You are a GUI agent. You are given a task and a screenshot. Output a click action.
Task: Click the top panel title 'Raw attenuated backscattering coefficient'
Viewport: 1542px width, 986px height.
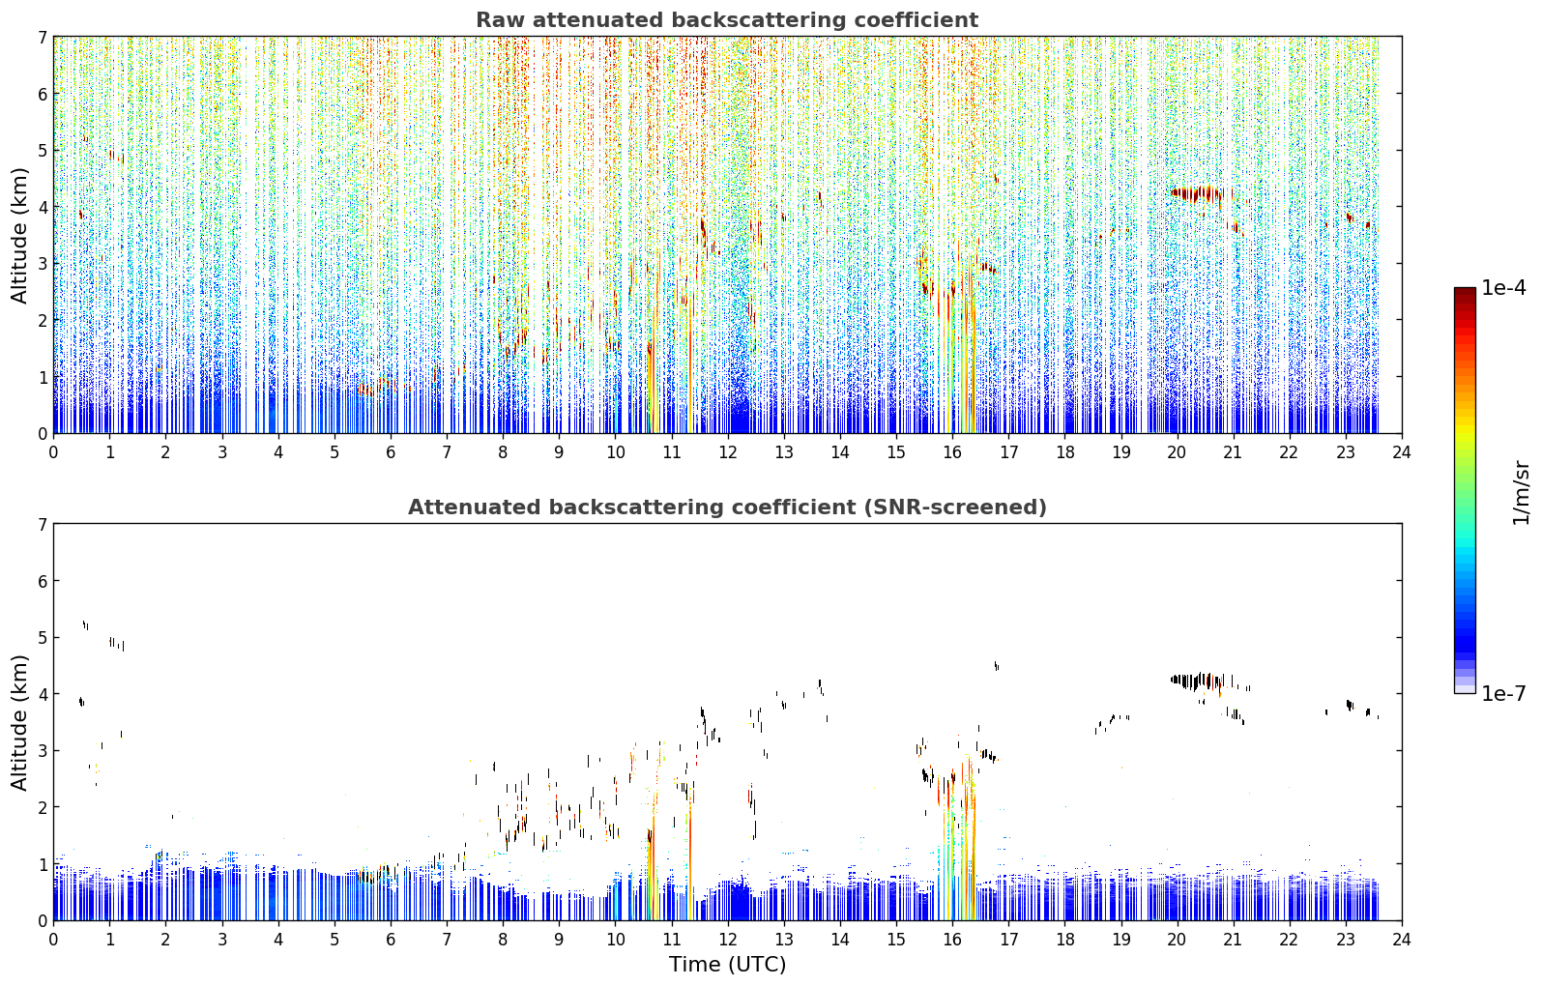[727, 20]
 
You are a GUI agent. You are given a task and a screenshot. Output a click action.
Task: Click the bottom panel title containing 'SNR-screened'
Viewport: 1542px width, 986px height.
[727, 507]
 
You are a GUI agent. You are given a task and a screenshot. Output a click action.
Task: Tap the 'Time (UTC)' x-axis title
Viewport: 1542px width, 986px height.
[727, 964]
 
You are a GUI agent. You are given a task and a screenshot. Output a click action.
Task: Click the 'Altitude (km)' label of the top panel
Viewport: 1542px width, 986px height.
[19, 236]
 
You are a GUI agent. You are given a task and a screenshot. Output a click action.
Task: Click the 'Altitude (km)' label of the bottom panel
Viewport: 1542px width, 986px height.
[19, 722]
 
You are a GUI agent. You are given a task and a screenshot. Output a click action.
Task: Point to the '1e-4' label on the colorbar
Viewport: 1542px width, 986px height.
[1503, 288]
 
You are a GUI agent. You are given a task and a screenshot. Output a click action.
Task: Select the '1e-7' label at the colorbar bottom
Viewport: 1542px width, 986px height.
[1503, 693]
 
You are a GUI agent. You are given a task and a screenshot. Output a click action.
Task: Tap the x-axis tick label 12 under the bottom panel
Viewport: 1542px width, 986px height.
[728, 940]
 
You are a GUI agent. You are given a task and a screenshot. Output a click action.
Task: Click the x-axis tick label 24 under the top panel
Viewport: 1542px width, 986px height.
[1402, 452]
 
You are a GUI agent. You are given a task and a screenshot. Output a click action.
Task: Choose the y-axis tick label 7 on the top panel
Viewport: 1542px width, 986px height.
[43, 37]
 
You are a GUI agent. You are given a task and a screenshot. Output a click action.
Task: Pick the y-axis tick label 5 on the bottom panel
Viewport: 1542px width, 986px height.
[43, 638]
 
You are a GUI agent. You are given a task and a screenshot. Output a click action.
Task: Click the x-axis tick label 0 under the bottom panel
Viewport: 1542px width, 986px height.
[54, 940]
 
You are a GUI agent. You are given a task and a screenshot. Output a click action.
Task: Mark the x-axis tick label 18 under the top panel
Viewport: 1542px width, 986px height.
[1065, 452]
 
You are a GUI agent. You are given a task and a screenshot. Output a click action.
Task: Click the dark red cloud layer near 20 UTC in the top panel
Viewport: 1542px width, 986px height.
[1198, 193]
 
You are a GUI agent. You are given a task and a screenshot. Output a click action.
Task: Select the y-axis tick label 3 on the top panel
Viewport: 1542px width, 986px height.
[43, 264]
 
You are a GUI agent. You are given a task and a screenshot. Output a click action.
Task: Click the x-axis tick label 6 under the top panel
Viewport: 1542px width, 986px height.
[391, 452]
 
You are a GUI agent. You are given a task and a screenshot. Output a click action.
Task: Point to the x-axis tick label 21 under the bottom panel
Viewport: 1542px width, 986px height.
[1233, 940]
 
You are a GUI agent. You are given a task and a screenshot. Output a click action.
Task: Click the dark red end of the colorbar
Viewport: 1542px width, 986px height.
[1465, 292]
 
